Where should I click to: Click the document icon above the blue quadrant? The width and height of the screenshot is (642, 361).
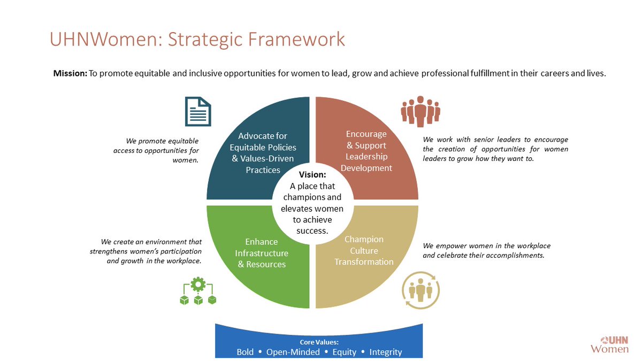(x=198, y=111)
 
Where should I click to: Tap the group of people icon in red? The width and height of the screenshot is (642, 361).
(x=421, y=111)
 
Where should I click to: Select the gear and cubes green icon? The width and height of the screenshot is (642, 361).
(x=198, y=291)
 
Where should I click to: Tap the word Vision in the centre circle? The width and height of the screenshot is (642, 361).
(x=312, y=174)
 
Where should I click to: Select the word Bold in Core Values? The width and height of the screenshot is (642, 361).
(x=246, y=352)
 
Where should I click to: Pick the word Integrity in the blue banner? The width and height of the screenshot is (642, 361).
(x=385, y=352)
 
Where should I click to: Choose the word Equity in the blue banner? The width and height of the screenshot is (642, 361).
(x=345, y=352)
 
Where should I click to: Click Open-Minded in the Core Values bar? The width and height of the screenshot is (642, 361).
(x=293, y=352)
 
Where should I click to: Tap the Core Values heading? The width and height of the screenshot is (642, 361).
(x=319, y=342)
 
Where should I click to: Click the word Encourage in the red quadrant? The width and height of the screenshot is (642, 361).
(x=366, y=134)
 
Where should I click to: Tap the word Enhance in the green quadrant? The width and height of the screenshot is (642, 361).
(x=262, y=242)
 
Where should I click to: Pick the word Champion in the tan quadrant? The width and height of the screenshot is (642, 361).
(x=364, y=239)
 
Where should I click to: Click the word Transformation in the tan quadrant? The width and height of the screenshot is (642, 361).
(x=364, y=262)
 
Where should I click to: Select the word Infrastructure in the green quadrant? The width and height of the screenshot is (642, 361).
(x=262, y=253)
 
